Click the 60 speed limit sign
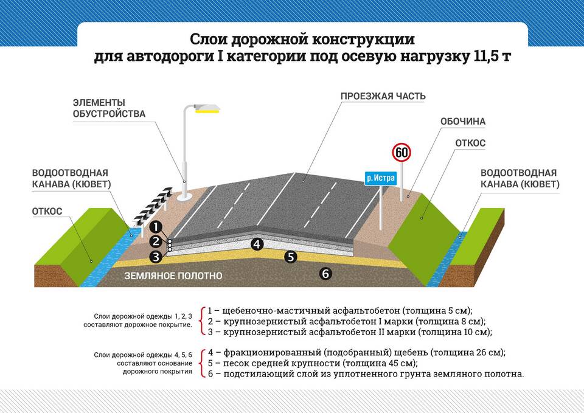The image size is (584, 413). pos(401,152)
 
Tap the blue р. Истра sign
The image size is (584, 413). pos(381,178)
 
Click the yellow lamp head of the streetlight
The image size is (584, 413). pos(207,109)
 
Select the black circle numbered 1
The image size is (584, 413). pos(156,227)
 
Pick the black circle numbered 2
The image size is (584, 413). pos(156,241)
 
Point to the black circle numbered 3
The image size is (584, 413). pos(156,256)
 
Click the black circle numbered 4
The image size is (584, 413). pos(257,244)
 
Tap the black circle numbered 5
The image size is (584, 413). pos(291,257)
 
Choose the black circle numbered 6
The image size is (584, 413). pos(325,274)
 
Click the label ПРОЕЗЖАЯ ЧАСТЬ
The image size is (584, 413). pos(383,96)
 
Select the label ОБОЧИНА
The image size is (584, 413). pos(463,122)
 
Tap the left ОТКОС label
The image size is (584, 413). pos(47,211)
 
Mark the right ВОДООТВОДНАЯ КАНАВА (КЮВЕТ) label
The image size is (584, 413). pos(520,178)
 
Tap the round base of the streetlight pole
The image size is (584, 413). pos(184,196)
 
